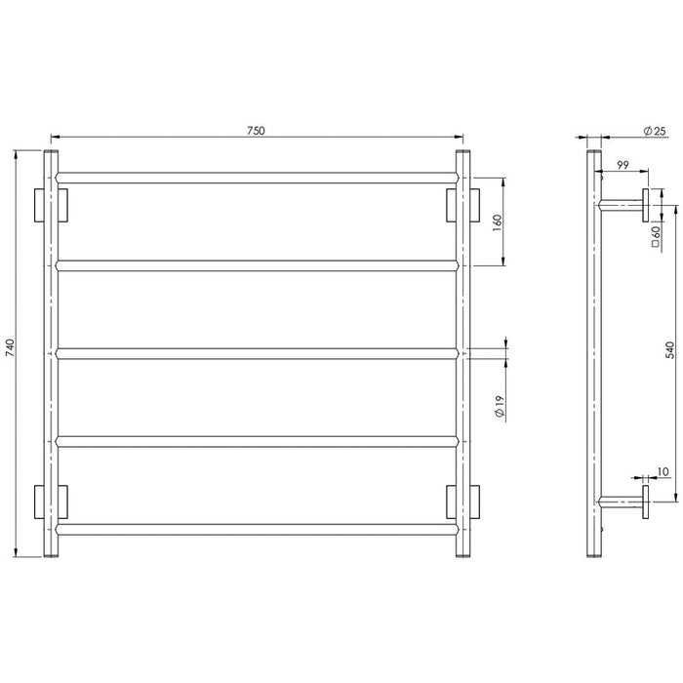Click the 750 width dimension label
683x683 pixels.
click(x=256, y=131)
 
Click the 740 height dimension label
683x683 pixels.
click(x=11, y=347)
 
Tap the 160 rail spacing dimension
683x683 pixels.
click(x=498, y=222)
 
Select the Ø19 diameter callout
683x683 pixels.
click(x=500, y=407)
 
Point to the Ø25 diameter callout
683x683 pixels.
click(x=655, y=131)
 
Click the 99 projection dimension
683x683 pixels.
click(x=623, y=165)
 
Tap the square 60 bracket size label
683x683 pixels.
click(x=656, y=236)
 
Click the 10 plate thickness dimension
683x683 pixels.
click(x=663, y=471)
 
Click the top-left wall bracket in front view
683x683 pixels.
click(x=51, y=205)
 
